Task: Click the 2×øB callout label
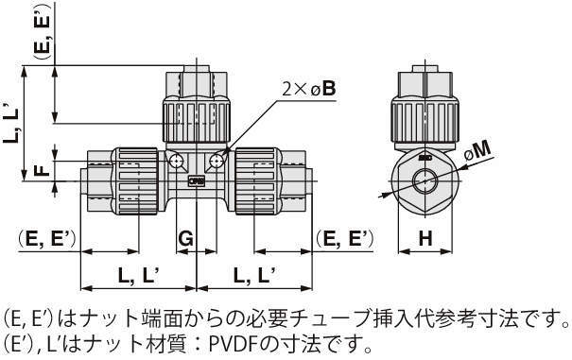point(309,88)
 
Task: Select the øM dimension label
point(477,151)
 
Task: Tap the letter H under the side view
point(425,238)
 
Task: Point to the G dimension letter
point(185,239)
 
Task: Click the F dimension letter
point(43,170)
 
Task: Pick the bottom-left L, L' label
point(138,275)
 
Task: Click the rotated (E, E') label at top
point(42,32)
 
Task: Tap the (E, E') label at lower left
point(47,239)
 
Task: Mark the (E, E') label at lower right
point(345,239)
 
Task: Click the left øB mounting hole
point(177,160)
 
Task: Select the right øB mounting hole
point(217,160)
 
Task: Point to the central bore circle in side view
point(425,180)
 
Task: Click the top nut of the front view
point(197,119)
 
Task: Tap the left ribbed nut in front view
point(137,180)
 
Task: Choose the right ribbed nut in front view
point(256,180)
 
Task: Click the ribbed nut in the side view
point(425,119)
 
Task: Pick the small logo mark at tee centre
point(197,180)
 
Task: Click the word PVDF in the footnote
point(233,343)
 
